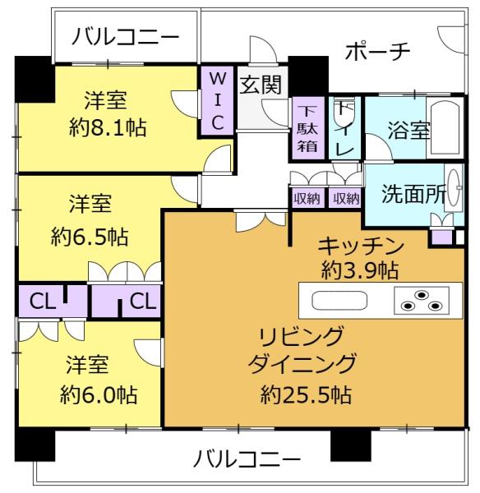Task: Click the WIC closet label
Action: (217, 100)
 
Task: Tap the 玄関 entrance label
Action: (261, 83)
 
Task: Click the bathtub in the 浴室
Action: (444, 127)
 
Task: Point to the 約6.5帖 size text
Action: (89, 237)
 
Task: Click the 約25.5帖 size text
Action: (307, 394)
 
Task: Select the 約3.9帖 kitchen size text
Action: (361, 269)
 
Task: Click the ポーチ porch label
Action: (377, 51)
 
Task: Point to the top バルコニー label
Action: (124, 37)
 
